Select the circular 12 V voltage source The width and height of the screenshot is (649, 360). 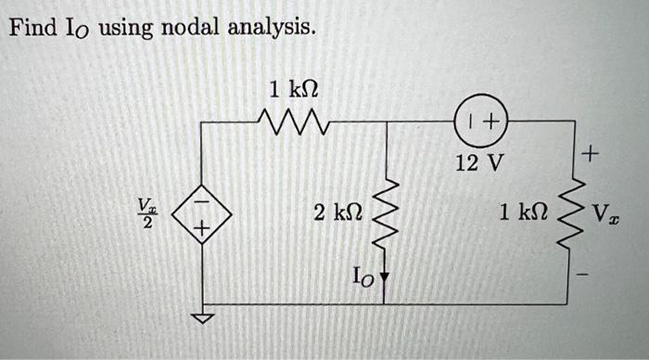tap(479, 121)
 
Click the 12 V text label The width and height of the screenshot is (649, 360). tap(480, 164)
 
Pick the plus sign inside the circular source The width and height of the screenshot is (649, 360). tap(489, 121)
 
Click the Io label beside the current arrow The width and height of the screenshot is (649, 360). tap(363, 274)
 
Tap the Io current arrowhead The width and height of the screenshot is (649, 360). tap(385, 276)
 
